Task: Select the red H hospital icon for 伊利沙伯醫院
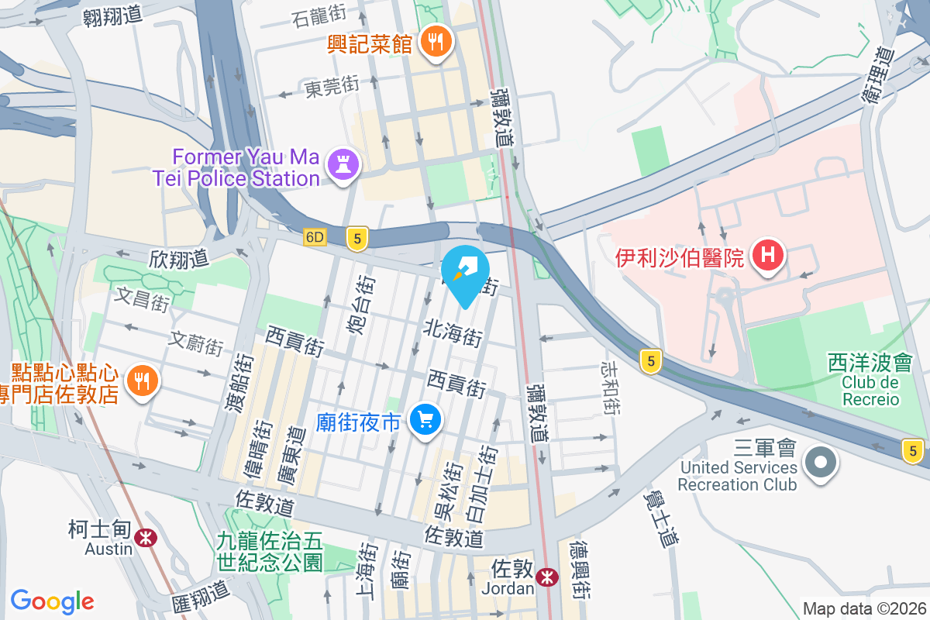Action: click(x=768, y=255)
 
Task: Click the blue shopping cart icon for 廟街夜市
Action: click(x=425, y=420)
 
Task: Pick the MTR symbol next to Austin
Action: click(x=144, y=537)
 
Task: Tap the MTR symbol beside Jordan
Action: click(x=547, y=577)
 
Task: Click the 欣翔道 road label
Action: click(x=179, y=258)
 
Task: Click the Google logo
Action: click(x=52, y=601)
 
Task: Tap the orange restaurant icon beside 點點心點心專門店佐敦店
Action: click(x=143, y=381)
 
